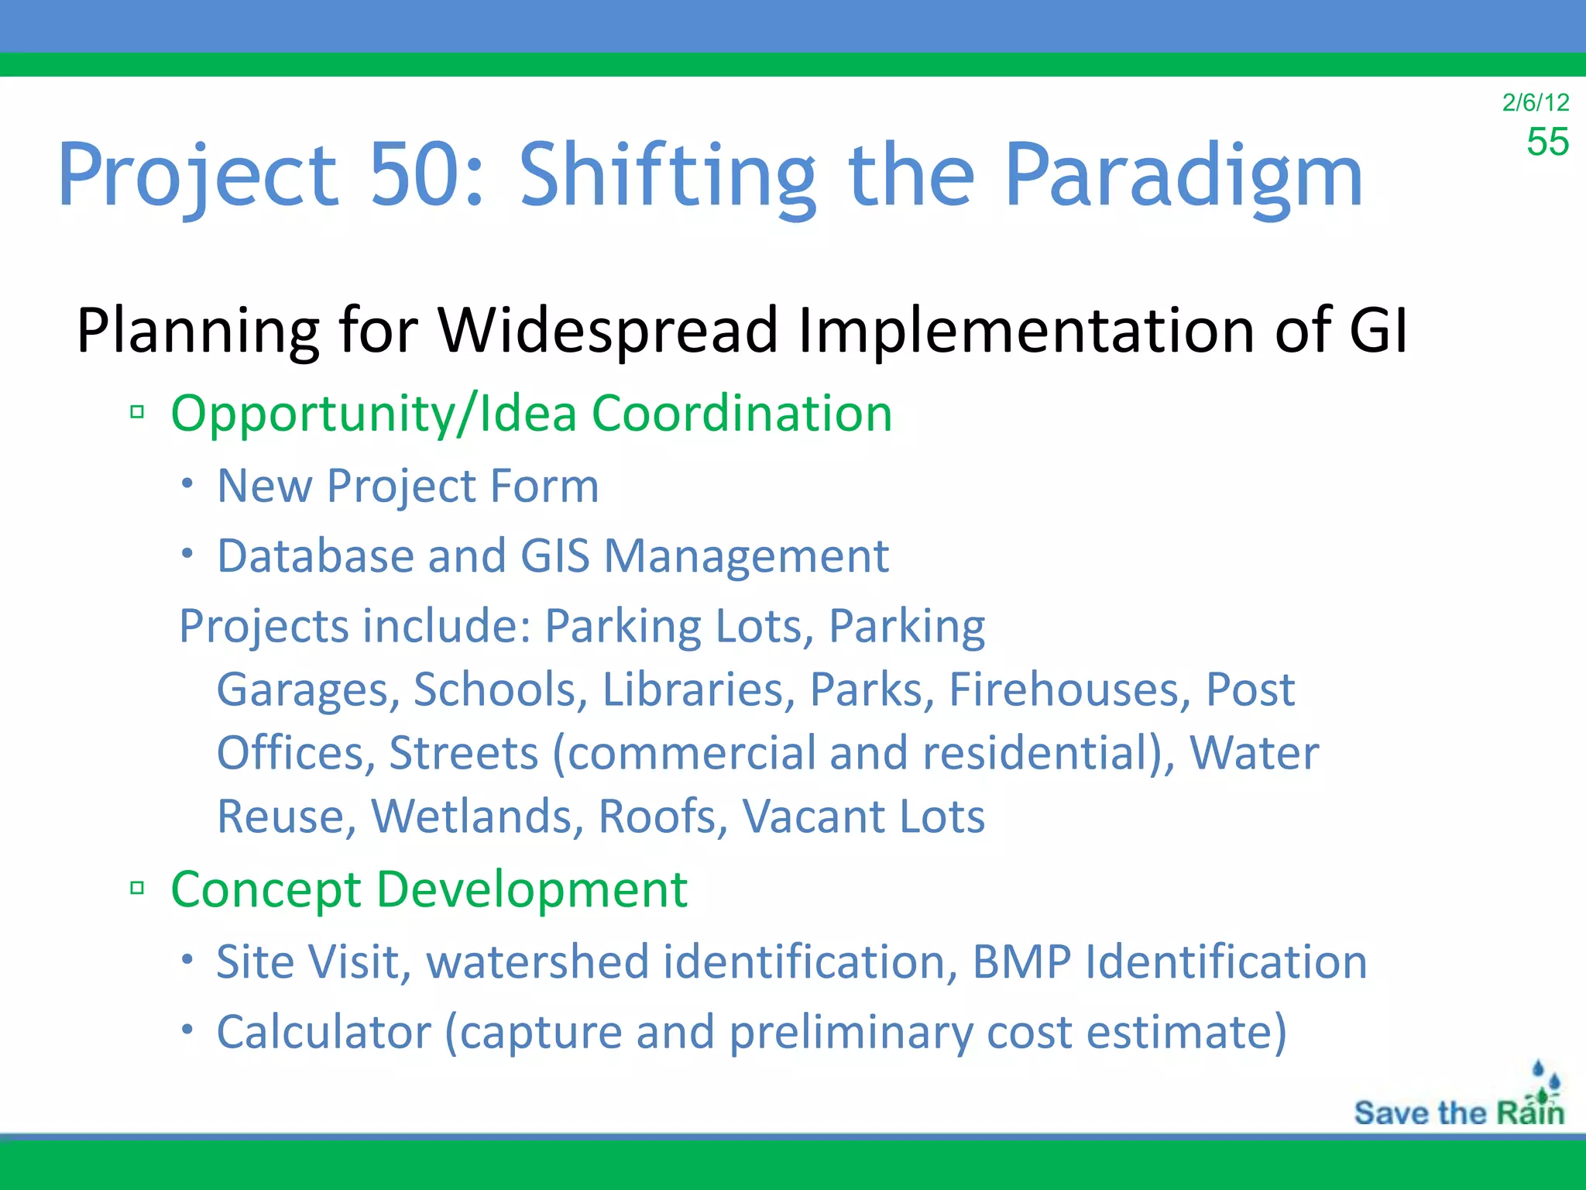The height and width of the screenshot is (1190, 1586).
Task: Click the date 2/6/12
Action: click(1535, 102)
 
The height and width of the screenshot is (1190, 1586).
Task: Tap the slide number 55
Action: click(1547, 143)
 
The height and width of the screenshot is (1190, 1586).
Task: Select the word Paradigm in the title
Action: click(1183, 177)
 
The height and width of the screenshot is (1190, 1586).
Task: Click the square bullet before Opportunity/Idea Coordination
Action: click(138, 412)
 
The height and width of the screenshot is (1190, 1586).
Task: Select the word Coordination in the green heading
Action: click(741, 413)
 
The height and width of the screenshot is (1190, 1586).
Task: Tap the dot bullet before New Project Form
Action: click(187, 483)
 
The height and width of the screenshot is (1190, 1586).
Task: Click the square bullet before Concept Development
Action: click(138, 888)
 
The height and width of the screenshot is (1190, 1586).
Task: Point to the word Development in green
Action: click(531, 889)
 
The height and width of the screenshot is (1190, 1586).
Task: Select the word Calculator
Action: click(323, 1033)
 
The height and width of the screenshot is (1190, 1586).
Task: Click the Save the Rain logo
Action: click(1459, 1100)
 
